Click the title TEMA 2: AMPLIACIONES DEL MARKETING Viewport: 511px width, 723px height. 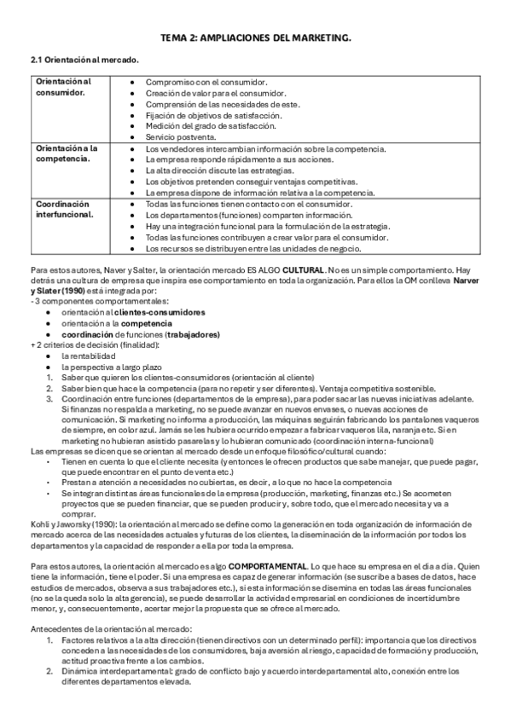click(256, 39)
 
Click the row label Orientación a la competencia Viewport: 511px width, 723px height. click(67, 153)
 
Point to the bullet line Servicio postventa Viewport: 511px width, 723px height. click(181, 136)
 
